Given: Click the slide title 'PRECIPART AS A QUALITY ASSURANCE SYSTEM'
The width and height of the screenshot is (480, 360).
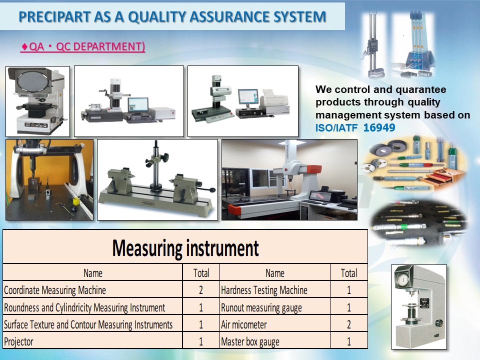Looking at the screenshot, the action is pyautogui.click(x=172, y=16).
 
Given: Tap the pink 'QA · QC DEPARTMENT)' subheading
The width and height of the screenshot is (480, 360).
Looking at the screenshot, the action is pyautogui.click(x=82, y=46).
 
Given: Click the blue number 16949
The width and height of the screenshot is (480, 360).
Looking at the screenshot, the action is pyautogui.click(x=379, y=127).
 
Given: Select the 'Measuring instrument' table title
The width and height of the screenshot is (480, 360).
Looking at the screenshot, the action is pyautogui.click(x=185, y=248).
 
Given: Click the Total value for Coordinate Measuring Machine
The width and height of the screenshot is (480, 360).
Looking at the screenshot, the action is pyautogui.click(x=201, y=290).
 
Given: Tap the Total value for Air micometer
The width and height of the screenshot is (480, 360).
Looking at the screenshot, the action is pyautogui.click(x=348, y=324).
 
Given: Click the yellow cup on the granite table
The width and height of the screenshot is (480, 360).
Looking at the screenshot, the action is pyautogui.click(x=75, y=202).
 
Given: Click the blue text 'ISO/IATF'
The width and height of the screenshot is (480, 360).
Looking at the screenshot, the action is pyautogui.click(x=336, y=127).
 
